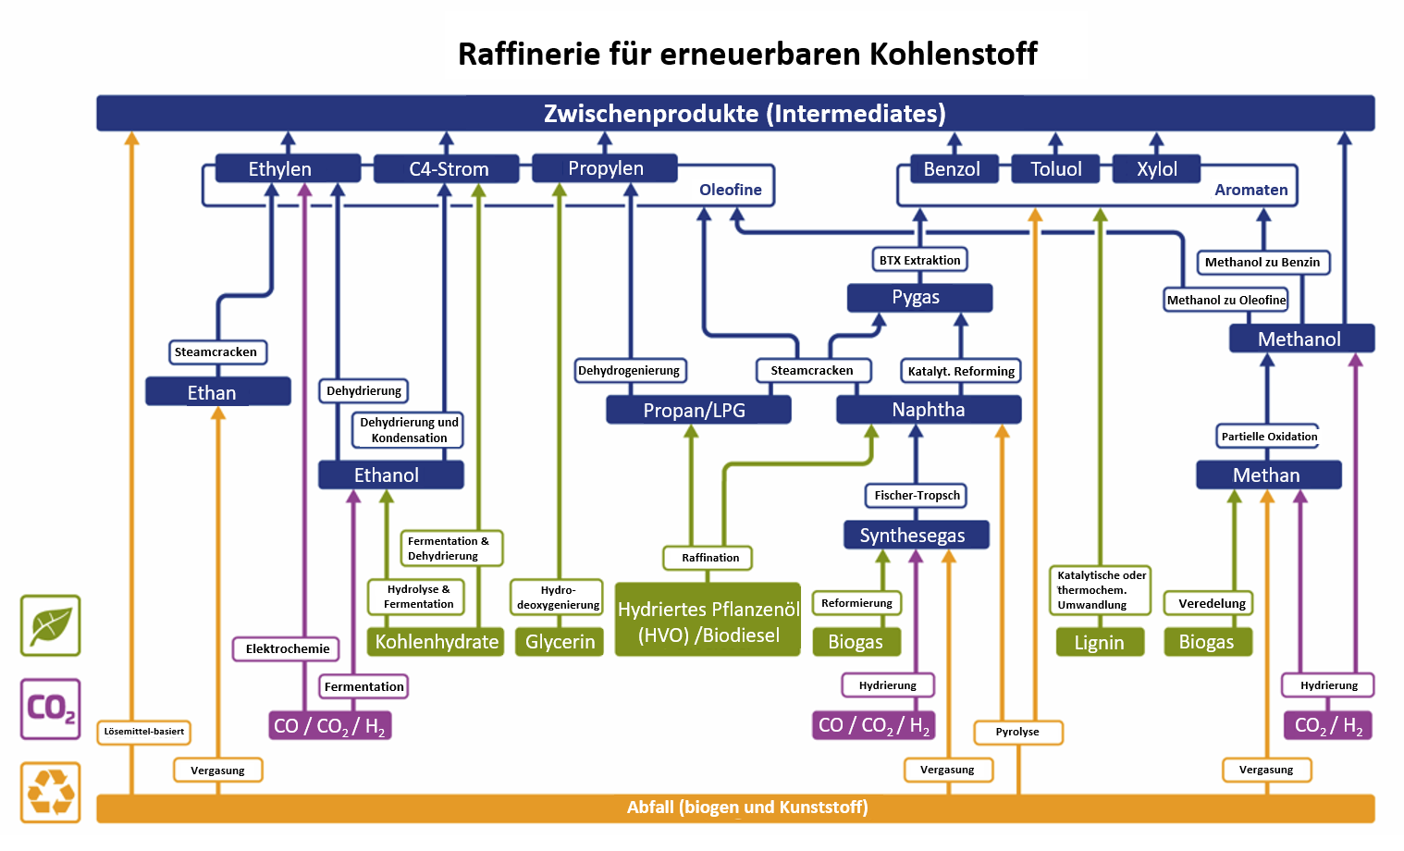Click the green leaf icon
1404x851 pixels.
51,626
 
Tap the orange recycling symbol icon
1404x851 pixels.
51,792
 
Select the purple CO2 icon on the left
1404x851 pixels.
51,709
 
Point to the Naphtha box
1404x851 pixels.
929,410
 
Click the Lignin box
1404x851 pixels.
1099,642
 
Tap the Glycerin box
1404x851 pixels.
560,642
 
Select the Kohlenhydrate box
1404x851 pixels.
436,642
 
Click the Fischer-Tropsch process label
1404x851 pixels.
917,496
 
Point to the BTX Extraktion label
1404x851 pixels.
919,260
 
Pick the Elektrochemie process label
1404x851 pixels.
287,648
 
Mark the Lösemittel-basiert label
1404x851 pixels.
143,732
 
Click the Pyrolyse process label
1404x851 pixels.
1017,732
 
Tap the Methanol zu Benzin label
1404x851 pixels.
1262,263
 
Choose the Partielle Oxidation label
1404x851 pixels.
1269,437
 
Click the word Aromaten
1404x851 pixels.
1250,190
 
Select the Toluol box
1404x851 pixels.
1055,169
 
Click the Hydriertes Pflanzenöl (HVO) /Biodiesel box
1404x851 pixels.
708,622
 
